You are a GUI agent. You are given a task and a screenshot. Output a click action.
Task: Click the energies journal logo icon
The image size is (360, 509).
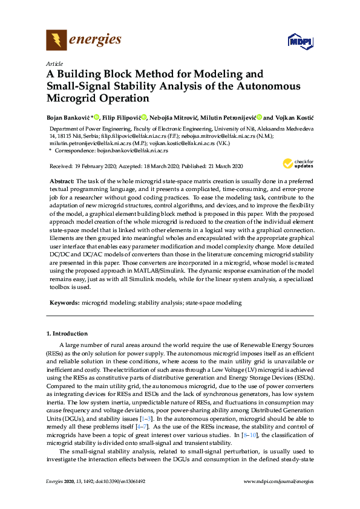pos(56,41)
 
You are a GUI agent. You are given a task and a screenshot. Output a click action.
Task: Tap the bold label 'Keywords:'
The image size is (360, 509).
pos(64,302)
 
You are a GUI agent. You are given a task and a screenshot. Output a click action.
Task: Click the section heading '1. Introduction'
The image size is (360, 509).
pos(67,333)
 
